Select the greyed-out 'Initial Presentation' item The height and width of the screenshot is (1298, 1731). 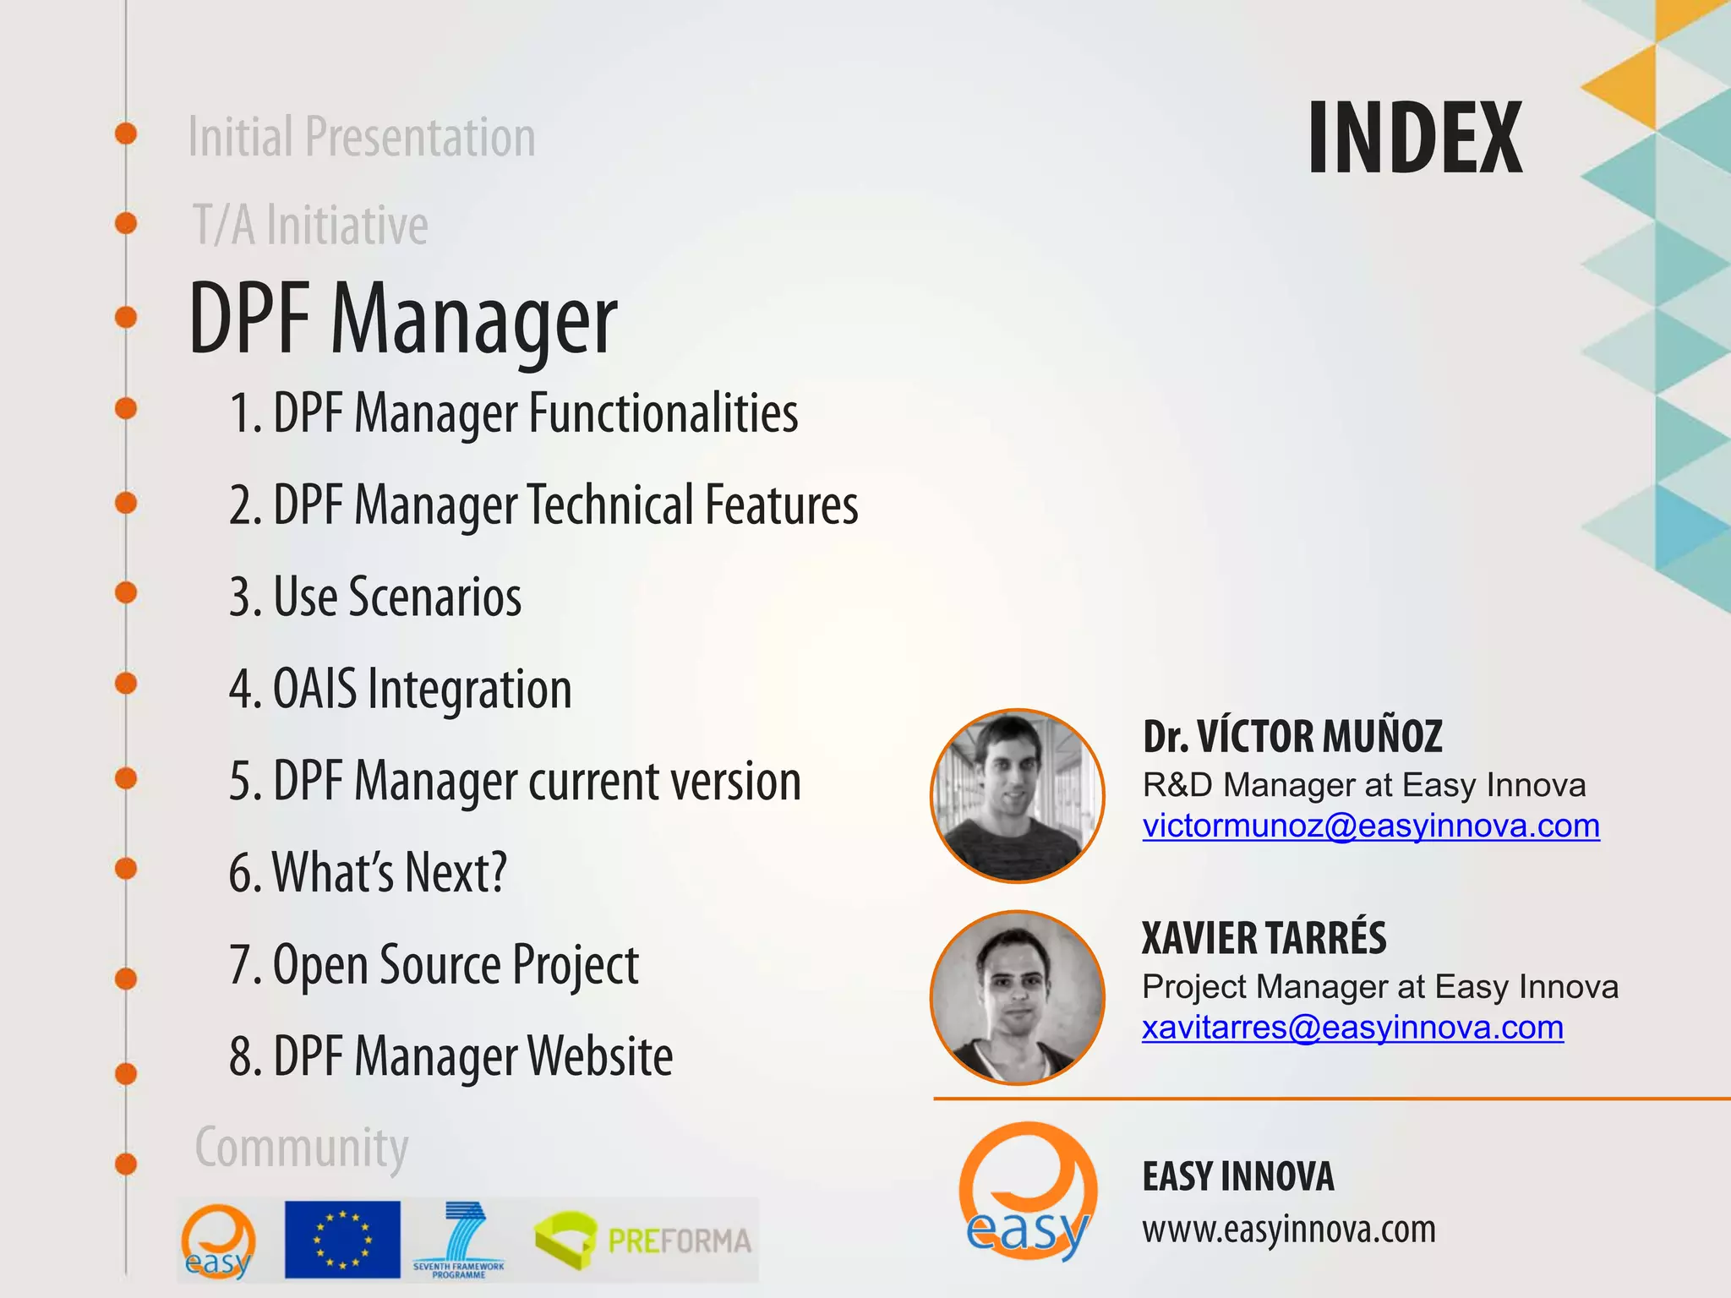(x=362, y=138)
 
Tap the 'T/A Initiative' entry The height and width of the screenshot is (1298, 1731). (x=310, y=226)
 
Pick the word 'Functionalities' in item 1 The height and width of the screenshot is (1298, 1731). (x=663, y=414)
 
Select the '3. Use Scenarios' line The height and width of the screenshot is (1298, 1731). (x=375, y=597)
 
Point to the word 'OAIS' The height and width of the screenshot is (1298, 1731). (x=315, y=689)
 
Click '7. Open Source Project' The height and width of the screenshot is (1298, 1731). (x=434, y=965)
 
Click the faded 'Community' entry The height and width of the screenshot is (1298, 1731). (x=302, y=1148)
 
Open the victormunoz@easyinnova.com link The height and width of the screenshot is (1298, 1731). (x=1371, y=826)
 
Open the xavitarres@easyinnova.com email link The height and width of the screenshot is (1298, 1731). (x=1352, y=1028)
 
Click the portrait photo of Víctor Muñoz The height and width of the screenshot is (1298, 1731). (x=1018, y=796)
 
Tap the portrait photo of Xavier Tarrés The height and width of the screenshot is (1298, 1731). (x=1018, y=998)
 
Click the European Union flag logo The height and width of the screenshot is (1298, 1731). (x=342, y=1240)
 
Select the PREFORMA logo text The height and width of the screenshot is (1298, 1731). (x=679, y=1241)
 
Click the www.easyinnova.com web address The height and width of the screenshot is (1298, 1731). (x=1289, y=1230)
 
